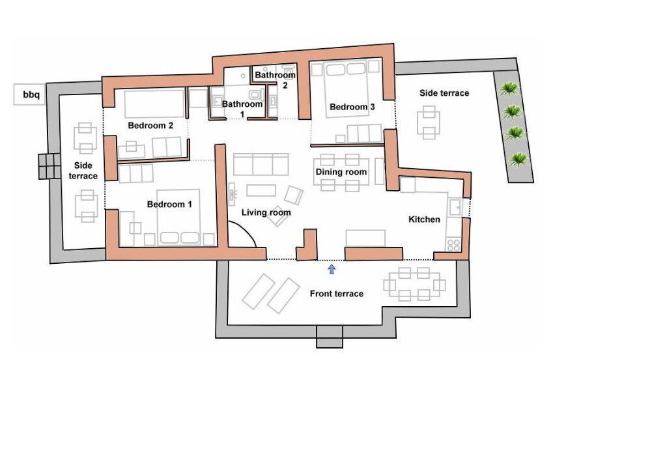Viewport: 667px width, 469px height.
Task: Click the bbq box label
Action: click(x=31, y=94)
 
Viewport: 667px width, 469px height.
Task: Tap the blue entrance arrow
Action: click(x=332, y=269)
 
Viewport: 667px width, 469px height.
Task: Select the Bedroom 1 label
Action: click(x=169, y=205)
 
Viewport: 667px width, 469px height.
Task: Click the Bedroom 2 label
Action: click(x=150, y=126)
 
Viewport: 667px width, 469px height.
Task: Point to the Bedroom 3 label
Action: click(x=352, y=107)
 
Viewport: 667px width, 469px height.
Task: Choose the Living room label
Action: click(x=266, y=212)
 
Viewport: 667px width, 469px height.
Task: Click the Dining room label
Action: click(x=341, y=172)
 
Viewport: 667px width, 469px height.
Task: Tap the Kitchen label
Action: click(x=424, y=219)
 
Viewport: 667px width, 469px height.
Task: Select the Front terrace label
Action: click(x=337, y=294)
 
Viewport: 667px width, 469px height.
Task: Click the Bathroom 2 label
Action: click(x=276, y=80)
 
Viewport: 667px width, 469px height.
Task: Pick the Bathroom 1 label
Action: click(x=242, y=109)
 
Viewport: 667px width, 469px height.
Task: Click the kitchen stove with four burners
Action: click(x=453, y=244)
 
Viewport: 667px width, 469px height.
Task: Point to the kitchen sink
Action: click(x=455, y=207)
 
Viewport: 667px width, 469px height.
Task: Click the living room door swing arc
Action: click(x=247, y=230)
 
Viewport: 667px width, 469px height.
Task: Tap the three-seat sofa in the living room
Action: click(x=261, y=165)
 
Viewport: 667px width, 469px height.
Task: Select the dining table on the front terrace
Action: click(x=414, y=284)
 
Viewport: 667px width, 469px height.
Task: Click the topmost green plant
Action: click(x=509, y=89)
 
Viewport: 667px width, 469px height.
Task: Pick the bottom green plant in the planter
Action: click(x=518, y=160)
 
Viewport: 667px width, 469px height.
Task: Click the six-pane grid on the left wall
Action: click(x=50, y=166)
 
